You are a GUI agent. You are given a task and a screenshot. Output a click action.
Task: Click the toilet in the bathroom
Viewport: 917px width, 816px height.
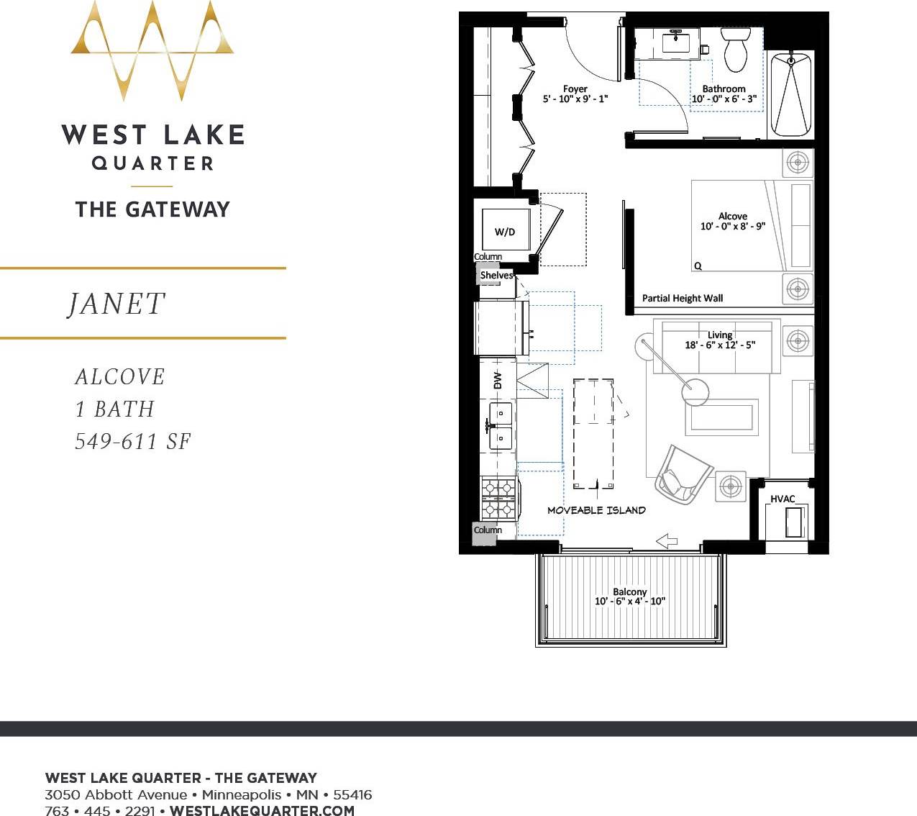(735, 49)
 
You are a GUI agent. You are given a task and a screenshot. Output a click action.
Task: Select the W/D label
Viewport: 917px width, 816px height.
(505, 232)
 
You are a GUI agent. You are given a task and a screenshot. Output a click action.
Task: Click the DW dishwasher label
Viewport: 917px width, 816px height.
(498, 380)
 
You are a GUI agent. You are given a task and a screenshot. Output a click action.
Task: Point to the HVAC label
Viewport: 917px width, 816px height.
(783, 499)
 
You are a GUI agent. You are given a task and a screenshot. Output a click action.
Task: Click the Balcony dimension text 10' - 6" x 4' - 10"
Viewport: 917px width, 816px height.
(629, 602)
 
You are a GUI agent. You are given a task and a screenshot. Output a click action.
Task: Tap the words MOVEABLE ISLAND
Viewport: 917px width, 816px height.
(596, 510)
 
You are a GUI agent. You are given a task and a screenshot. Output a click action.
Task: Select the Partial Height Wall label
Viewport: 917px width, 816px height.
(682, 298)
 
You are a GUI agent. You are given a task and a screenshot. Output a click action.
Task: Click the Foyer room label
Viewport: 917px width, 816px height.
(575, 89)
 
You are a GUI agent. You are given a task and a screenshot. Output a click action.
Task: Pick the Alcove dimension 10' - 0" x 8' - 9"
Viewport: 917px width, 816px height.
(732, 226)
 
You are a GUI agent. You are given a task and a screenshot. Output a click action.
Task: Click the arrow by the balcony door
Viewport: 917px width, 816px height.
(667, 541)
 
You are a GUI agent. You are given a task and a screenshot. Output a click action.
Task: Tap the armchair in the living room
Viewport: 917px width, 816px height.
(680, 475)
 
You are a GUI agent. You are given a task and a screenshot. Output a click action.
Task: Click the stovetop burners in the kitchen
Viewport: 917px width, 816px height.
(498, 498)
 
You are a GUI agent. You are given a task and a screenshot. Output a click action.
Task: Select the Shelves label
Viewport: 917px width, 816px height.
(496, 275)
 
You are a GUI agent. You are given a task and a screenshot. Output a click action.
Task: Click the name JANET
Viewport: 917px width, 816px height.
(117, 304)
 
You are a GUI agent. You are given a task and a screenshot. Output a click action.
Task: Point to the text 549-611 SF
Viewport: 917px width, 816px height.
(133, 441)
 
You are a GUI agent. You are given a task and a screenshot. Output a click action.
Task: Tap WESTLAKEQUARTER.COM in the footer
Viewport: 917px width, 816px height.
(262, 810)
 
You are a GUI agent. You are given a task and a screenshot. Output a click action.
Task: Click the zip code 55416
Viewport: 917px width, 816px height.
(352, 795)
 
